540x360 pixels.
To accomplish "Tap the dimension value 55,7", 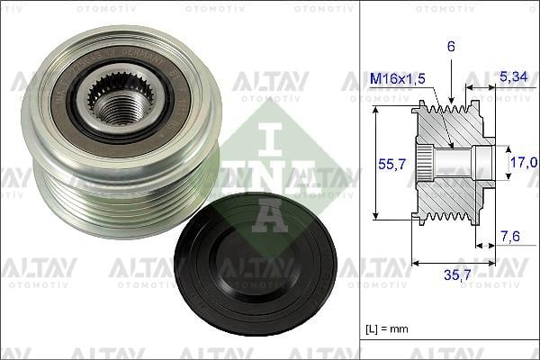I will (386, 165).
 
